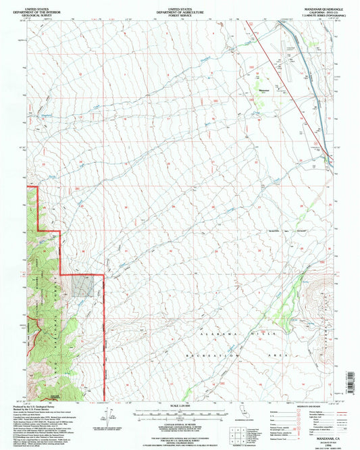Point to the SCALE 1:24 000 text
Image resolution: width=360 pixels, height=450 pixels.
click(x=180, y=405)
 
